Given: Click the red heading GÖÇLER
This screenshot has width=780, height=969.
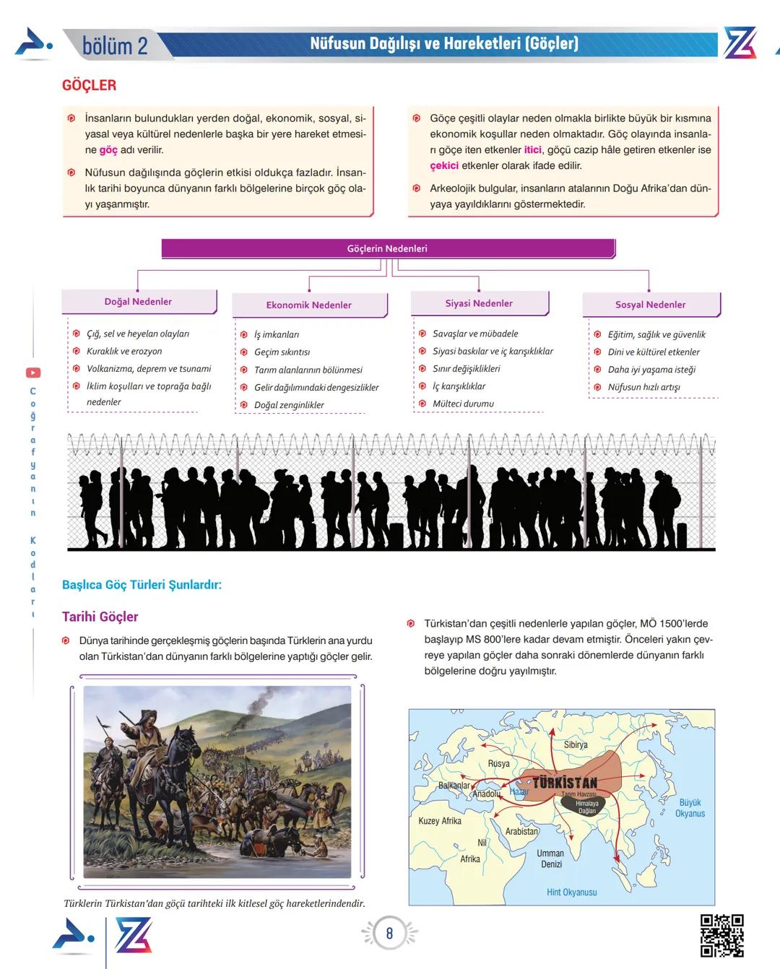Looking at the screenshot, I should pos(89,85).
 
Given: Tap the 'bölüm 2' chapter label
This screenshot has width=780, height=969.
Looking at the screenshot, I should pos(115,45).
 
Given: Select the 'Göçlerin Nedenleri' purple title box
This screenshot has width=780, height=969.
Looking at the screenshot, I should pos(387,248).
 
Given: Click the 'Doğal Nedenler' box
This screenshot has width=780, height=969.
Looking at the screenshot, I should pos(138,302).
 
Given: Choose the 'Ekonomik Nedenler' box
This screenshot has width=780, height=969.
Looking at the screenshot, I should pos(309,305).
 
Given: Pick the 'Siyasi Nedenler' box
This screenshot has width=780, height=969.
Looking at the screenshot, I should pos(479,303).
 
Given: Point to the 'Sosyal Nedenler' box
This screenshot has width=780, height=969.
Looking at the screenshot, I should pos(650,305).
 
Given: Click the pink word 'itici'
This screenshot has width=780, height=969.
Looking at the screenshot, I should pos(532,149).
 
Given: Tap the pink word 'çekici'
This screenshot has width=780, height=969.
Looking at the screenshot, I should pos(444,165).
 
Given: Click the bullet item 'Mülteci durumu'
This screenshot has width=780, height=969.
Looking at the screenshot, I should pos(463,404).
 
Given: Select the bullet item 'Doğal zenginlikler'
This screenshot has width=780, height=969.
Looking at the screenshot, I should pos(289,405).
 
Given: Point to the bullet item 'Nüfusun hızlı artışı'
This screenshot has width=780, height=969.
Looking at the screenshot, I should pos(643,387).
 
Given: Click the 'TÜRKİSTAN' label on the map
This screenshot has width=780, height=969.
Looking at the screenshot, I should pos(565,783).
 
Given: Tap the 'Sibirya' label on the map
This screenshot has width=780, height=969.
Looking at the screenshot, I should pos(576,744).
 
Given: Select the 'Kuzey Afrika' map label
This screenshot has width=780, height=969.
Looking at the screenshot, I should pos(439,821).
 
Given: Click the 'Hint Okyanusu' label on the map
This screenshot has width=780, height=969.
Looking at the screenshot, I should pos(571,892).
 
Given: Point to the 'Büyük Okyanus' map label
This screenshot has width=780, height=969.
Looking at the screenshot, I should pos(690,808).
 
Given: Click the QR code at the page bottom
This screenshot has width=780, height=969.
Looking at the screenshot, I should pos(721,935).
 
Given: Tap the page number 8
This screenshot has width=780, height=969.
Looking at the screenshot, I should pos(389,934).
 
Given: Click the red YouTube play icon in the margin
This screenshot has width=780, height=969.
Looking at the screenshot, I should pos(33,373).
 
